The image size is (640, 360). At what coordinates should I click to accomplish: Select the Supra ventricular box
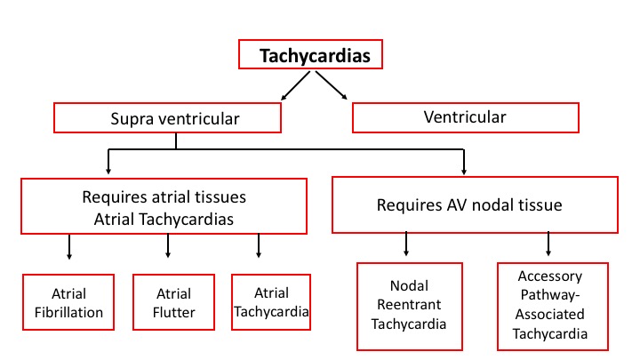click(x=168, y=116)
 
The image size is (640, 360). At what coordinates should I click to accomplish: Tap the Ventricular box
click(x=466, y=116)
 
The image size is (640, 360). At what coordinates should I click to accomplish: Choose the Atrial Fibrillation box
click(x=69, y=302)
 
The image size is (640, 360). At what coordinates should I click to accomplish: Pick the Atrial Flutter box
click(x=173, y=302)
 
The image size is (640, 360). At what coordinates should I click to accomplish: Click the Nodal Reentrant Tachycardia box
click(x=409, y=304)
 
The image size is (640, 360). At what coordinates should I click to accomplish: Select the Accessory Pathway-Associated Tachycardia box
click(x=552, y=305)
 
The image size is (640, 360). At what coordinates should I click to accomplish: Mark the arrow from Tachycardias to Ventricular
click(x=331, y=85)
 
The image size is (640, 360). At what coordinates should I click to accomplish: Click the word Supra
click(x=131, y=116)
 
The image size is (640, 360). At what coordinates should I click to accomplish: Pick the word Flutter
click(x=173, y=312)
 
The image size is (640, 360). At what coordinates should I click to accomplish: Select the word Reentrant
click(x=409, y=304)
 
